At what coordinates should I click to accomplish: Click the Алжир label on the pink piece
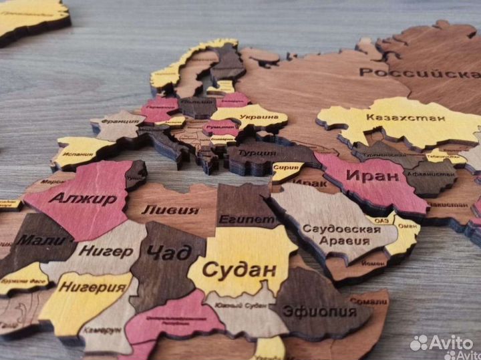click(83, 199)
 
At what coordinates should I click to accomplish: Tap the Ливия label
click(170, 210)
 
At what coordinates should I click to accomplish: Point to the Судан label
click(238, 271)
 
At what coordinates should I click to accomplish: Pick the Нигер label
click(106, 252)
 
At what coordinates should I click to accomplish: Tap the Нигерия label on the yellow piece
click(92, 288)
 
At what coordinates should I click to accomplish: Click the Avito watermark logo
click(441, 343)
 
